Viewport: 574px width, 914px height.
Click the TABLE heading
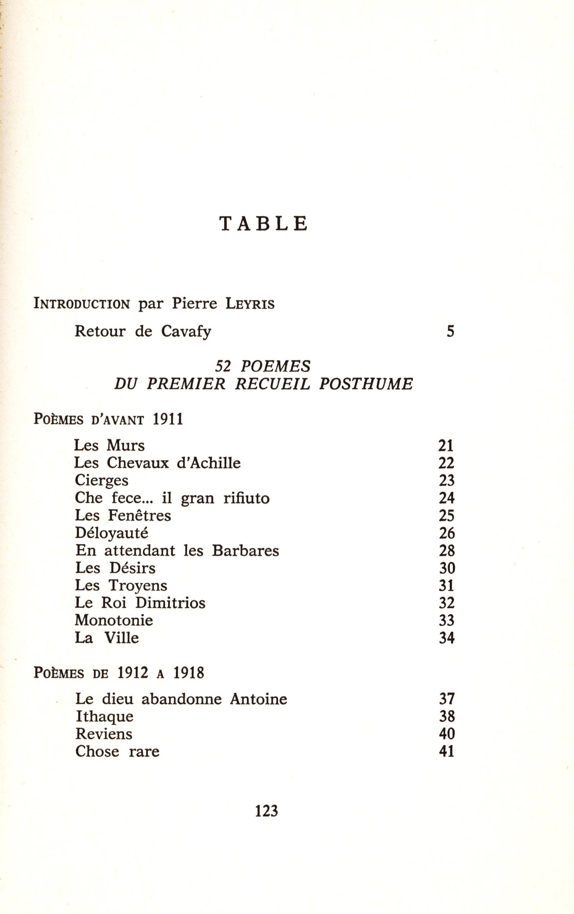[264, 224]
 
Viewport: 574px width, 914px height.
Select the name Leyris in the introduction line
[250, 304]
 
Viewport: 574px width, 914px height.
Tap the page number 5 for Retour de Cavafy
[450, 331]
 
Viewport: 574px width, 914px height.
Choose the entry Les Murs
[110, 446]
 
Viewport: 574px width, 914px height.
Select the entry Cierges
[102, 481]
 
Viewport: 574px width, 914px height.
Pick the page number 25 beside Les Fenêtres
[447, 516]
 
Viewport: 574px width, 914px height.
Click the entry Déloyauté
[112, 533]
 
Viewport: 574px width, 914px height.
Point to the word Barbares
[245, 551]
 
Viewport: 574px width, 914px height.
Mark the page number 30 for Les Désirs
[447, 569]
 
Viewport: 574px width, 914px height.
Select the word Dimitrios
[171, 603]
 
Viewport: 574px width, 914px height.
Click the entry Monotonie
[114, 620]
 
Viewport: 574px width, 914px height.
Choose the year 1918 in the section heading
[189, 673]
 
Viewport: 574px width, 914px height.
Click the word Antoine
[258, 699]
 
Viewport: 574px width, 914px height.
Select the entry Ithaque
[105, 717]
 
